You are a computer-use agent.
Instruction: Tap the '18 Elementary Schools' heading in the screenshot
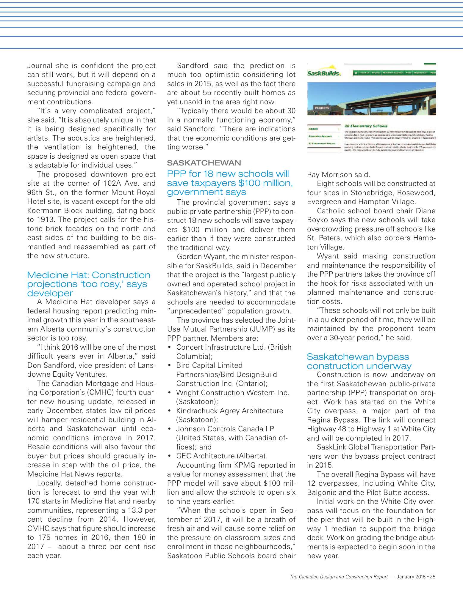[366, 126]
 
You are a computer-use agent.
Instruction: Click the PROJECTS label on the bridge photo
[322, 108]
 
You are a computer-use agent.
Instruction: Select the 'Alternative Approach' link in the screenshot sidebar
[320, 136]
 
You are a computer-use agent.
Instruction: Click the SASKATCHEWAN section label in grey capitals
[204, 163]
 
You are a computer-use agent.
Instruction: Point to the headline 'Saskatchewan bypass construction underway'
[359, 361]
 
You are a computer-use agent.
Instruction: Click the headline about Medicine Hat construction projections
[89, 284]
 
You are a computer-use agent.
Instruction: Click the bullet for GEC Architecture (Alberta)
[169, 456]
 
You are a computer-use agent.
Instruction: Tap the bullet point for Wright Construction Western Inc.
[169, 393]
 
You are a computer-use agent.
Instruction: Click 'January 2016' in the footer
[411, 577]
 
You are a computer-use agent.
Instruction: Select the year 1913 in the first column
[46, 220]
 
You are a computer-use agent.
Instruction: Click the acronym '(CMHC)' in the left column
[100, 392]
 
